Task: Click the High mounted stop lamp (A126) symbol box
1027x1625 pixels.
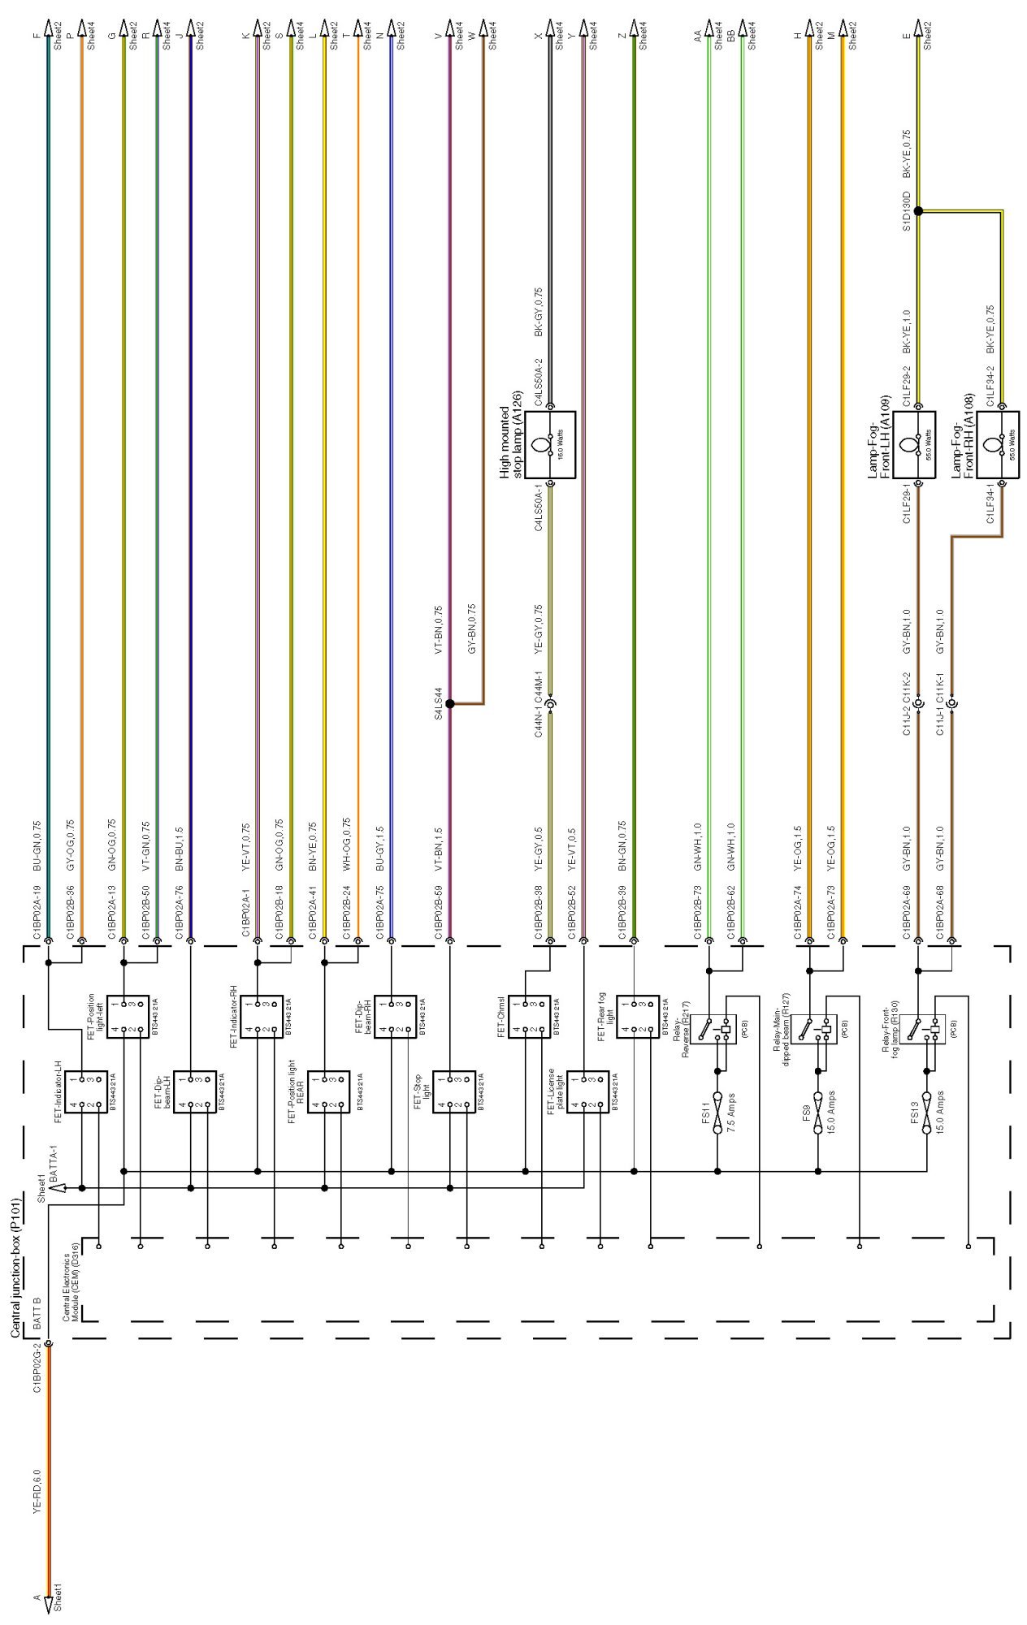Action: pos(550,444)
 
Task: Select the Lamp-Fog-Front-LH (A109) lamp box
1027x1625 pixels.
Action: pos(918,444)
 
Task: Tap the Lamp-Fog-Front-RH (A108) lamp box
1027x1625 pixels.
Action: pos(1002,444)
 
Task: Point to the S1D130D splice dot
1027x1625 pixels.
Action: pos(918,210)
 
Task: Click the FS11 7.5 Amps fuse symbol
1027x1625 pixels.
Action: pos(717,1113)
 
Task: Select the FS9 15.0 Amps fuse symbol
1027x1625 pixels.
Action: pos(818,1113)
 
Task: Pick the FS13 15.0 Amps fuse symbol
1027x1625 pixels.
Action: pos(926,1113)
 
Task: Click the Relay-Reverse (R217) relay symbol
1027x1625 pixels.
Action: pos(713,1029)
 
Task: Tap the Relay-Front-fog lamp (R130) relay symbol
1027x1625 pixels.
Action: pos(922,1029)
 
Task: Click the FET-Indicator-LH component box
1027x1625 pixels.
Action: pos(86,1091)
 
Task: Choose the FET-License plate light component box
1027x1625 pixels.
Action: pos(588,1091)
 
